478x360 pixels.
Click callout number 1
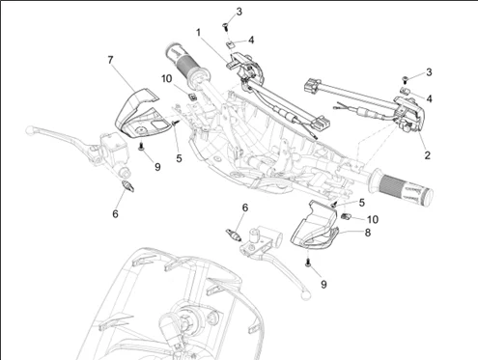pos(199,33)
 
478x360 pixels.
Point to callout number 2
pos(427,155)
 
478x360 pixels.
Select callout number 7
pos(110,60)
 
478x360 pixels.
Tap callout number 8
pos(368,233)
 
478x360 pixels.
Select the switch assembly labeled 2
pos(408,113)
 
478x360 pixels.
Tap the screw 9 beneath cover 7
pos(141,147)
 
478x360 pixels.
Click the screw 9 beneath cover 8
pos(308,263)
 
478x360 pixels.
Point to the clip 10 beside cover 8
pos(346,216)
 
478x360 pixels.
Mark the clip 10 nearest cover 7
pos(192,97)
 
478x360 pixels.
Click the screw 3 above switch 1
pos(225,27)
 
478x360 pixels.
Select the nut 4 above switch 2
pos(405,91)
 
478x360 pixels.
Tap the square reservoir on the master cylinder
pos(114,141)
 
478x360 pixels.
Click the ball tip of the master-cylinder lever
pos(30,130)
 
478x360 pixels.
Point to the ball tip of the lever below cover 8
pos(305,294)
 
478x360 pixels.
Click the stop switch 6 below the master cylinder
pos(128,186)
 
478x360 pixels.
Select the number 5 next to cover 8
pos(362,203)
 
